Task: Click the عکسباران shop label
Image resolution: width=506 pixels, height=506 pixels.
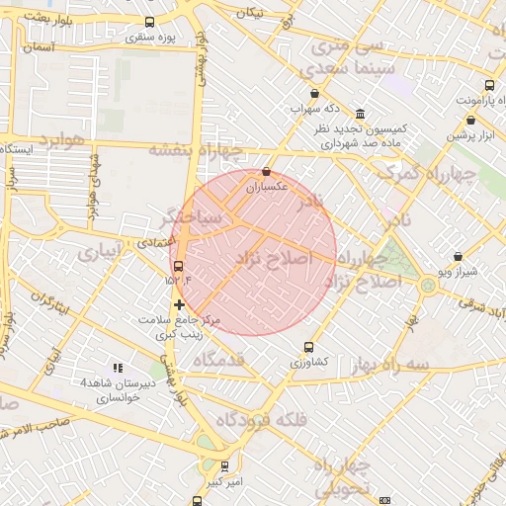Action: coord(266,186)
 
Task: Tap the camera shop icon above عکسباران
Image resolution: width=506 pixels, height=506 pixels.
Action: coord(266,172)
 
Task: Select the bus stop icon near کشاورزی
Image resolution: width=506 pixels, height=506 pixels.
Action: coord(309,348)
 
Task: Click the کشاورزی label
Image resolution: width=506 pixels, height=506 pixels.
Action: coord(309,363)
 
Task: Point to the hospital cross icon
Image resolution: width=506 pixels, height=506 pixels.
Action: coord(179,304)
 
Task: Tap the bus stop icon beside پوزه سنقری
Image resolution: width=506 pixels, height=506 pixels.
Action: coord(149,22)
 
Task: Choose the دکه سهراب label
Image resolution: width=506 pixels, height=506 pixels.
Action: coord(314,108)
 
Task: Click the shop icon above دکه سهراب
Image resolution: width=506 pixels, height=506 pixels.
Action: coord(314,94)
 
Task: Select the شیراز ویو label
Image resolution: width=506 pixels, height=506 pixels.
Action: coord(458,272)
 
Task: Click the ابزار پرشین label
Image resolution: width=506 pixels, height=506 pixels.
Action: coord(471,135)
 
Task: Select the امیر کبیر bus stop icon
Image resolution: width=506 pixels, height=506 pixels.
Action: coord(225,466)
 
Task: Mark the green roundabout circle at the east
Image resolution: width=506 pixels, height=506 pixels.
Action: coord(428,285)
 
